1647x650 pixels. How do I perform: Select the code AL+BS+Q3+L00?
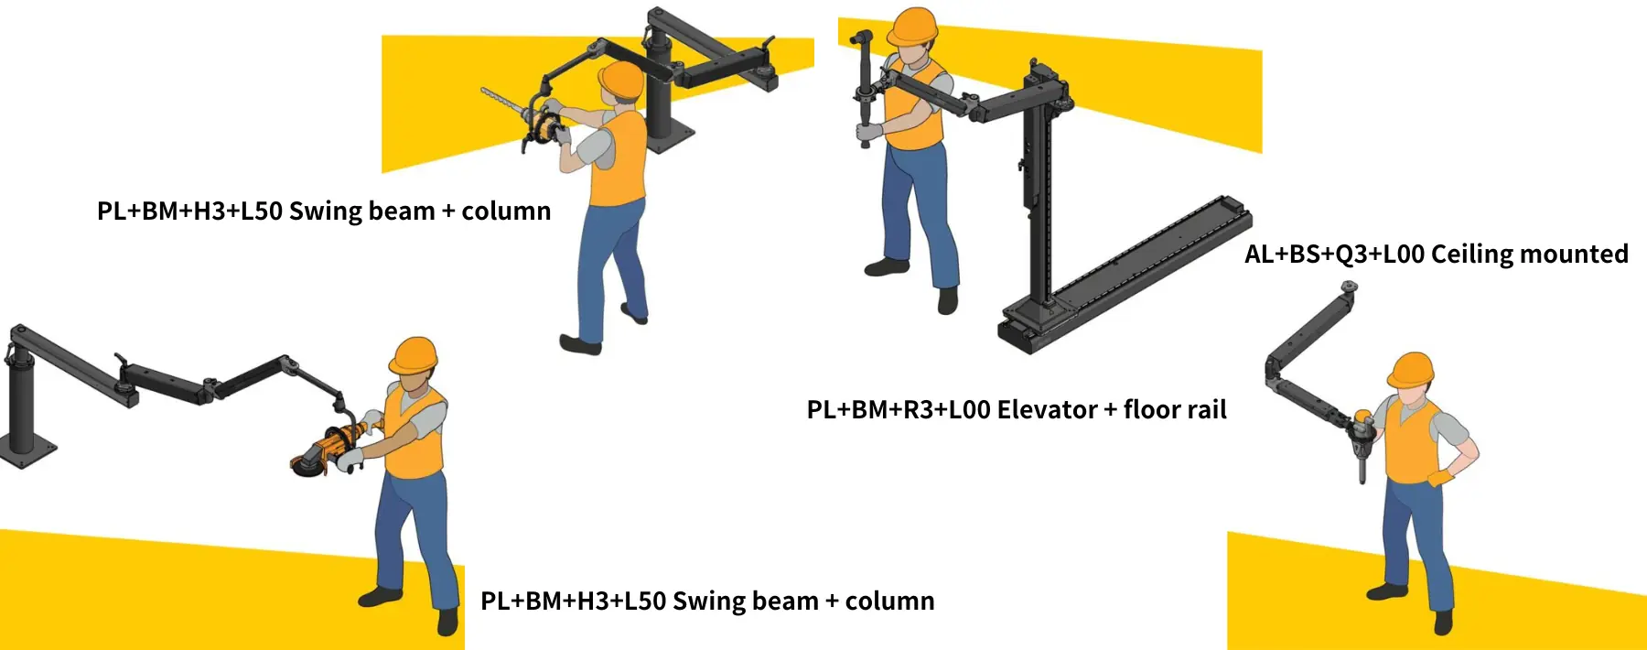click(x=1334, y=255)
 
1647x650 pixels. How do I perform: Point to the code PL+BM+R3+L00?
click(x=899, y=409)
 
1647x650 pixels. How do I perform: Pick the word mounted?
click(x=1575, y=255)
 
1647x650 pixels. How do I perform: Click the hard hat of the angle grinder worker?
click(x=414, y=355)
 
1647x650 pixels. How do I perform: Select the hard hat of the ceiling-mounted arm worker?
click(x=1410, y=370)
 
